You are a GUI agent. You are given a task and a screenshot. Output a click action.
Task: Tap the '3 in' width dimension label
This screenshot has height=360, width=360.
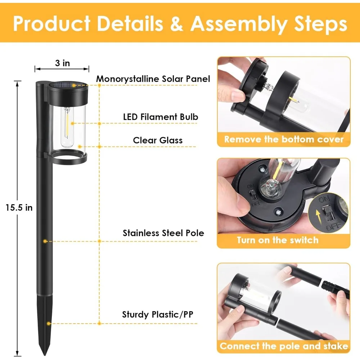[62, 63]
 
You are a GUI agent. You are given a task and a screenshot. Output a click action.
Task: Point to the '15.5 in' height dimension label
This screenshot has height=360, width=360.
[19, 208]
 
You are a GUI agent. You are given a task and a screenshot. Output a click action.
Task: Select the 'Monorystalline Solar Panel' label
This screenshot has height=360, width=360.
[153, 79]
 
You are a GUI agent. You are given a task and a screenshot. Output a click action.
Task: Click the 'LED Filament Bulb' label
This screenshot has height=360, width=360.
[161, 117]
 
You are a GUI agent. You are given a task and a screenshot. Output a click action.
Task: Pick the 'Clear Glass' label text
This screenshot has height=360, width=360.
[158, 140]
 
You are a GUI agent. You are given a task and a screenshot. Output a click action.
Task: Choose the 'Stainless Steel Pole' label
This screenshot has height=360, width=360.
[163, 233]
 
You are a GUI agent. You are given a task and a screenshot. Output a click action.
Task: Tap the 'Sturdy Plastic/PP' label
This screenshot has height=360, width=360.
[158, 314]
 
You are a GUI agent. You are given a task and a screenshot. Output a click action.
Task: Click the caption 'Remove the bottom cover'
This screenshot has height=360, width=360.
[284, 139]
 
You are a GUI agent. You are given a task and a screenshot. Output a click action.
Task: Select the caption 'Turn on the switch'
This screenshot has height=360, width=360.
[278, 240]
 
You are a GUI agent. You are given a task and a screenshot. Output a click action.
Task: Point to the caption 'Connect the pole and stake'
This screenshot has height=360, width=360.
[284, 346]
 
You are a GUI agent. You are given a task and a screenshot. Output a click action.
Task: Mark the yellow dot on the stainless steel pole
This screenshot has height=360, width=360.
[45, 241]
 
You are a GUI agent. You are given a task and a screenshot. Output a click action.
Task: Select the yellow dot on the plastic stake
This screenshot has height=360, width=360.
[49, 324]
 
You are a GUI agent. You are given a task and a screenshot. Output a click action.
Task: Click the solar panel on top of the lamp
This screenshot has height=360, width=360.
[68, 85]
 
